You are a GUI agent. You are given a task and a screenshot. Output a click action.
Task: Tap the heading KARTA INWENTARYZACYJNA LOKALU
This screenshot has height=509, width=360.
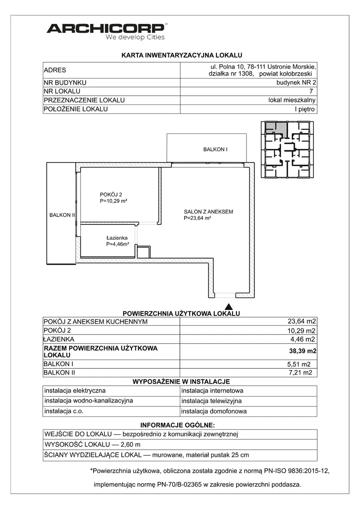[182, 56]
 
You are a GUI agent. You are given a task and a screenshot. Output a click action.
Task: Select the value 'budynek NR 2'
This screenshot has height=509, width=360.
[296, 82]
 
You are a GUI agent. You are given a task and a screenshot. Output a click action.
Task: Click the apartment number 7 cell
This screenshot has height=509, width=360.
[311, 91]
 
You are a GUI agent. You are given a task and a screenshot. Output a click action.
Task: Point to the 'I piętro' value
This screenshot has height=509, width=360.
[305, 109]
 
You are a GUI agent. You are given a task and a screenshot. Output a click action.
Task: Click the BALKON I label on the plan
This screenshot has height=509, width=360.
[215, 149]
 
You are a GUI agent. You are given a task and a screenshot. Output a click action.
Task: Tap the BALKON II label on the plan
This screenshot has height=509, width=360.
[62, 215]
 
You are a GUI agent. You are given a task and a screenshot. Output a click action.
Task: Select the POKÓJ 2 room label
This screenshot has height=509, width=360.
[111, 198]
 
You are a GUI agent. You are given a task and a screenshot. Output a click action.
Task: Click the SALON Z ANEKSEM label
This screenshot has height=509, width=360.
[208, 214]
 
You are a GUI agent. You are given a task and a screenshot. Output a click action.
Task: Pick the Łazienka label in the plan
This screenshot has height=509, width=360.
[117, 241]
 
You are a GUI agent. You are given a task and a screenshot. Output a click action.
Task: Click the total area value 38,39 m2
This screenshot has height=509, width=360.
[303, 351]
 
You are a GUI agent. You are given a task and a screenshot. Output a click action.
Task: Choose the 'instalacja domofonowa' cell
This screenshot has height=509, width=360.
[214, 411]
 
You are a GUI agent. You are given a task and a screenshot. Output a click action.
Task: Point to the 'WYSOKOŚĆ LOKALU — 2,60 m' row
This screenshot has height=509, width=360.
[93, 444]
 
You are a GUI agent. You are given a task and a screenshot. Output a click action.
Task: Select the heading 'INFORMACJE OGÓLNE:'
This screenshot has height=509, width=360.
[178, 425]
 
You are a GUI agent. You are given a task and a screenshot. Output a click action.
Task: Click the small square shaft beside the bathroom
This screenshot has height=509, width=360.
[143, 252]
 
